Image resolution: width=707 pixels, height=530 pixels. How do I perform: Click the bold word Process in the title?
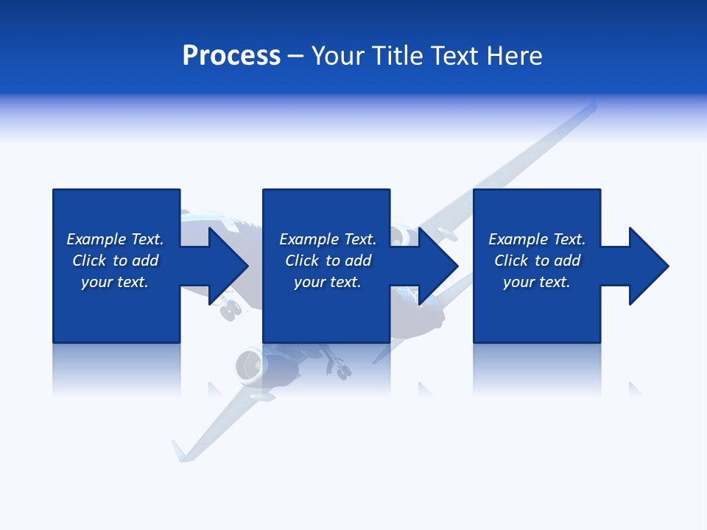point(231,56)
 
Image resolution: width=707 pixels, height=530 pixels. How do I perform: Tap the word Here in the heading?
point(516,56)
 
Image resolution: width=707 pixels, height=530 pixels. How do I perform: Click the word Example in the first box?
point(96,239)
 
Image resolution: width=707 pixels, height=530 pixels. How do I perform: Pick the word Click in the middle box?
point(302,261)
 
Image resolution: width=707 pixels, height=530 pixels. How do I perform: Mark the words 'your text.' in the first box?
point(115,282)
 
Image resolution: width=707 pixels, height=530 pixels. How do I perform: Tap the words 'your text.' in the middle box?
point(327,282)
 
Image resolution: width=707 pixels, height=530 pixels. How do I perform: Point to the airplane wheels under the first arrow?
point(231,310)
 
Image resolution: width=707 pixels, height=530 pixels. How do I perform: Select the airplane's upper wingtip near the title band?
point(589,107)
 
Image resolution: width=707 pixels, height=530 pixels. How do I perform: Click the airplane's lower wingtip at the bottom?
point(179,451)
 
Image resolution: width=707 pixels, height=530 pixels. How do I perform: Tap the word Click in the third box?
point(511,261)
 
